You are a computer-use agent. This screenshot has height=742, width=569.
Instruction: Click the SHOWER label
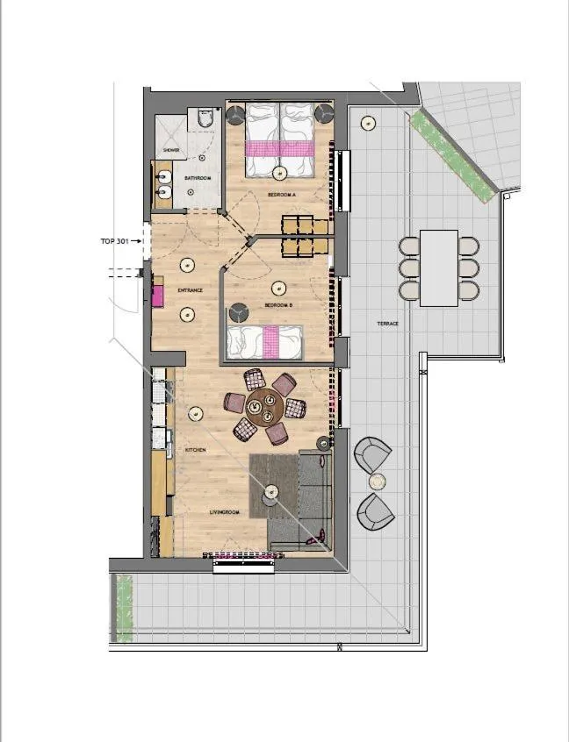170,150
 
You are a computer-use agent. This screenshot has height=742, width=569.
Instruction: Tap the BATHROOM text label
198,178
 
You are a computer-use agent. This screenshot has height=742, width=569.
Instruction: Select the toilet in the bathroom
205,117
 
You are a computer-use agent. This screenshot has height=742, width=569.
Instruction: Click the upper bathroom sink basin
163,175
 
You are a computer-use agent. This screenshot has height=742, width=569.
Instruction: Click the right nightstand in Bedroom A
324,113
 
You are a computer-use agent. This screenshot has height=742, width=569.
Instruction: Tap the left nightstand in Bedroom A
236,113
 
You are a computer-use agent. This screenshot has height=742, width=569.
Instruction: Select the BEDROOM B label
278,305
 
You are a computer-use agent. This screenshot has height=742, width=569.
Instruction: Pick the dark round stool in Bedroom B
237,311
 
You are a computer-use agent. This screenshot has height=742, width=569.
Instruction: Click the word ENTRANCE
191,290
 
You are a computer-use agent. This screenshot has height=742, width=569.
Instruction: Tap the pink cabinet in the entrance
158,295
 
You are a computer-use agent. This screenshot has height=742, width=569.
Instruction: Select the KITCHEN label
195,450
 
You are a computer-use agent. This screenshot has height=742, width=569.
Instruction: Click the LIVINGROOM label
225,511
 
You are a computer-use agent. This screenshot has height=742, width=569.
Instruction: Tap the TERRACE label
388,324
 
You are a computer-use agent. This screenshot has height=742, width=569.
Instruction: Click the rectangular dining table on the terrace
439,268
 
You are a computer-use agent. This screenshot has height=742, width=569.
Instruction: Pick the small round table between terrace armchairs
377,482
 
